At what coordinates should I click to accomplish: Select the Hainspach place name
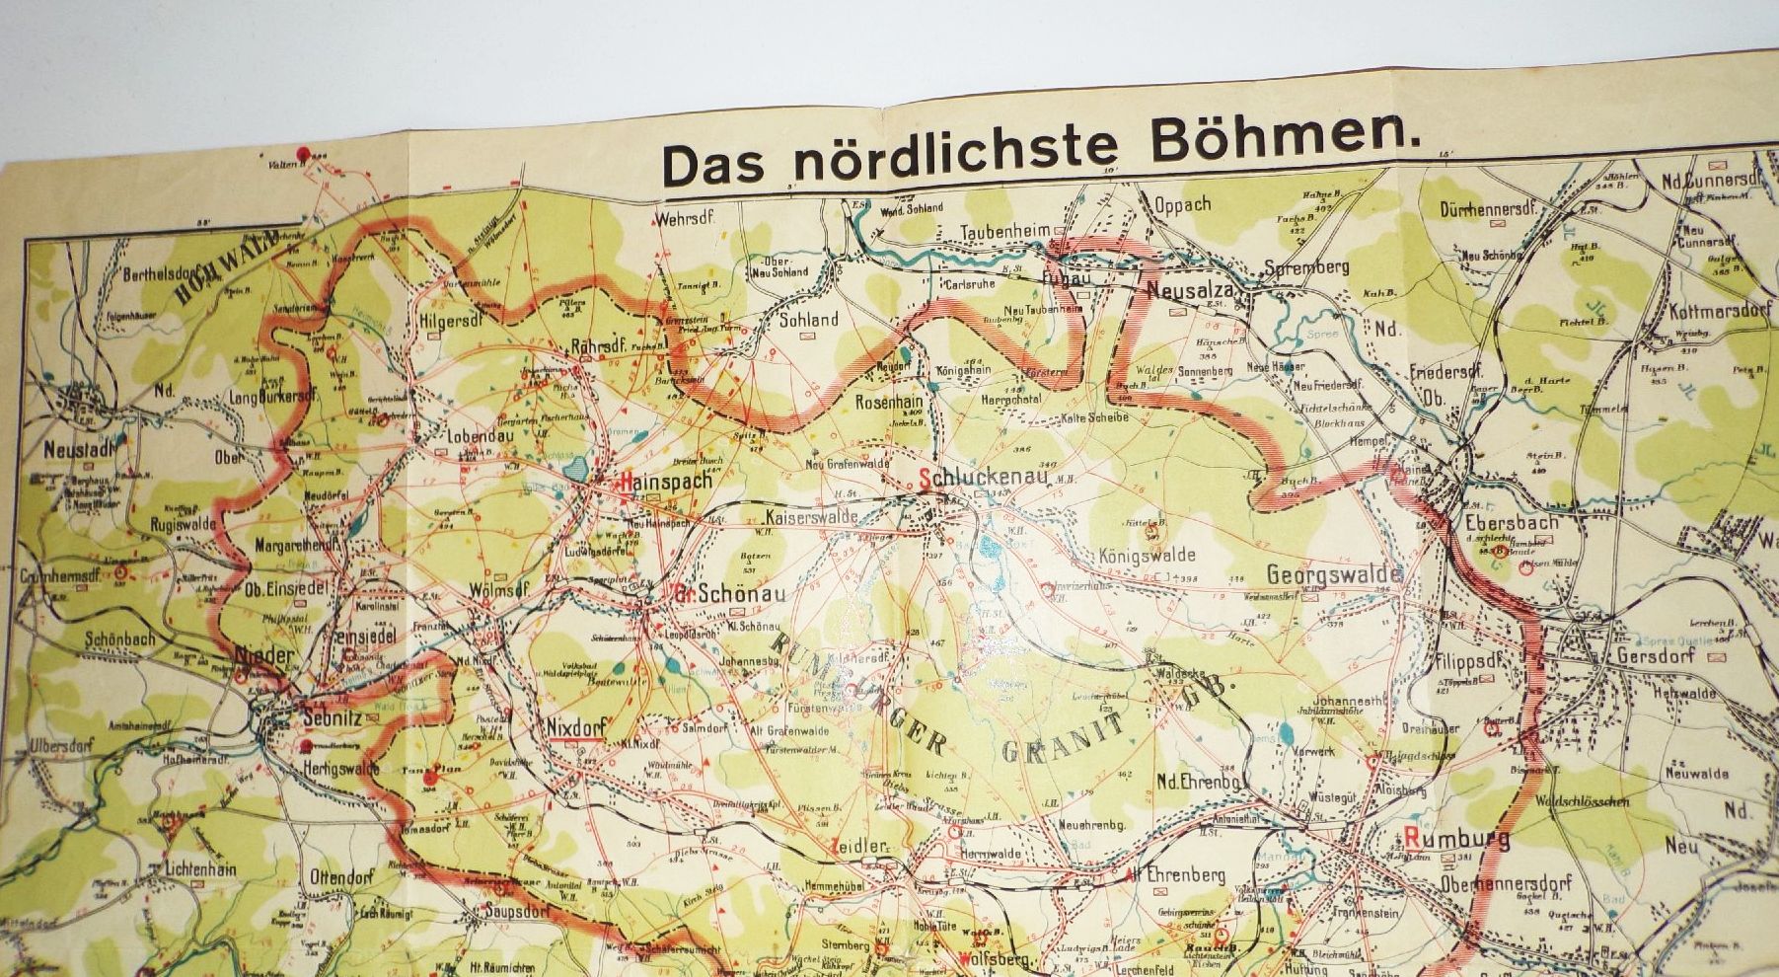[664, 484]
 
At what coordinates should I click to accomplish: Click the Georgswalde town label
[1334, 574]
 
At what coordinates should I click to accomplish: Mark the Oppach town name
[1182, 205]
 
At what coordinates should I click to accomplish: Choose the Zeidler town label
[866, 846]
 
